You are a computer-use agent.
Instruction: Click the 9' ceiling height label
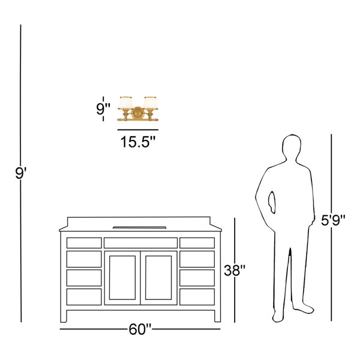coord(21,173)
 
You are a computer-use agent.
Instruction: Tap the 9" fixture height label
coord(103,109)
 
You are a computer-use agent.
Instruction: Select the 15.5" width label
coord(138,142)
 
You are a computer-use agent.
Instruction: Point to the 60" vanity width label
coord(140,329)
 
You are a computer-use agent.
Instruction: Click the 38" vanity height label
coord(235,270)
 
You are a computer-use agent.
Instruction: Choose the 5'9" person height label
coord(333,220)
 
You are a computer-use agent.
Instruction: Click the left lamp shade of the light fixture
coord(125,103)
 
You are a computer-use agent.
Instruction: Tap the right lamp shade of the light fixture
coord(151,103)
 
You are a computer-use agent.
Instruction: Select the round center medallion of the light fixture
coord(138,113)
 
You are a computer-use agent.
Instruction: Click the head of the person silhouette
coord(292,147)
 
